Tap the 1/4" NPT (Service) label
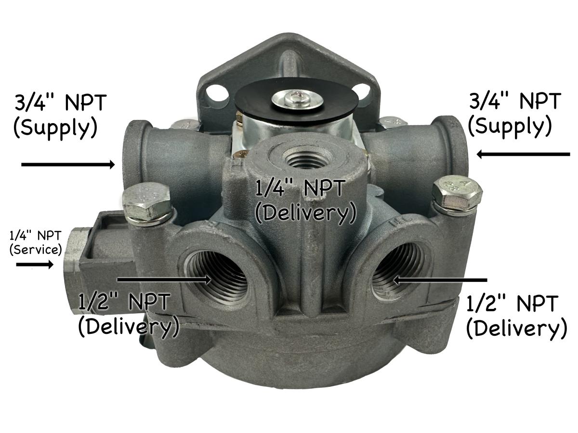[x=36, y=242]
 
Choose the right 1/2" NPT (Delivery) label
[x=515, y=317]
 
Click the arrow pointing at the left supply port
[x=67, y=165]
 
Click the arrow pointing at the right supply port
[x=523, y=154]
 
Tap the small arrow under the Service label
[x=35, y=264]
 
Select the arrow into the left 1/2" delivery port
[x=164, y=279]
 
